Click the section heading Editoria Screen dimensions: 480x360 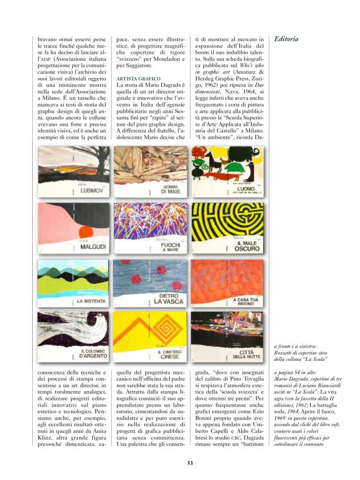[286, 39]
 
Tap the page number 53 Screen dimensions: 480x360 [190, 463]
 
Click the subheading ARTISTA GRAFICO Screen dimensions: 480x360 [138, 78]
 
